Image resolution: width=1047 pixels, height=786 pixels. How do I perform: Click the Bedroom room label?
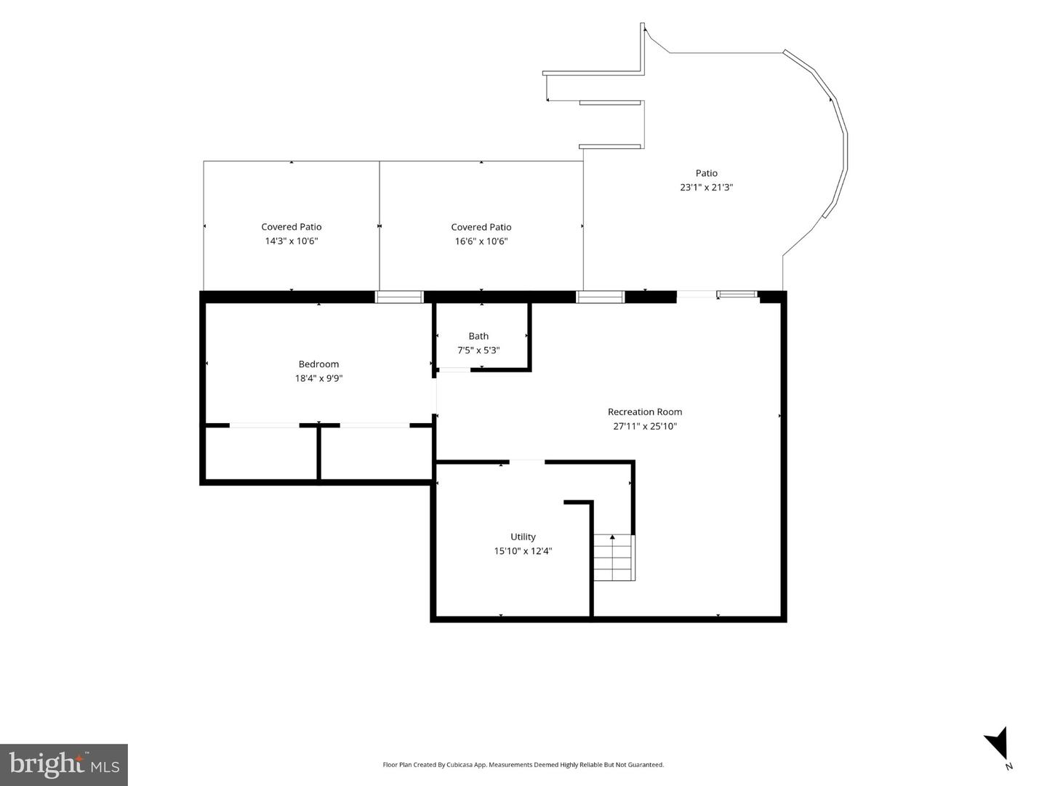point(318,364)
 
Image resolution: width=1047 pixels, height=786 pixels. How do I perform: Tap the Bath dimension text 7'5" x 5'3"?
point(478,350)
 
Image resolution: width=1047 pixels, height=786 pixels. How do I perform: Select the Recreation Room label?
point(645,412)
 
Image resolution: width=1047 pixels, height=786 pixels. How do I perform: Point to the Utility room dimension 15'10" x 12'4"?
point(523,551)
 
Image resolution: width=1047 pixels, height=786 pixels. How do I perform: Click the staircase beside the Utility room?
point(614,558)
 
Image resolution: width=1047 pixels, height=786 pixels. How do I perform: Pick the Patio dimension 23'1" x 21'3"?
point(707,187)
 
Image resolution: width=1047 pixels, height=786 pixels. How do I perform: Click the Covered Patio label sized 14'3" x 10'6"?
point(292,227)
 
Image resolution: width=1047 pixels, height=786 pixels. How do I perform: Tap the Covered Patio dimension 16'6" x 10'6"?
point(481,241)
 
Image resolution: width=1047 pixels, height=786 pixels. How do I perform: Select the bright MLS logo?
point(64,764)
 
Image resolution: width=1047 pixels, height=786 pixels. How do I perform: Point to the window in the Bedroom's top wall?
point(399,297)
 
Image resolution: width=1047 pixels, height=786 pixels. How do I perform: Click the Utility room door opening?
point(527,462)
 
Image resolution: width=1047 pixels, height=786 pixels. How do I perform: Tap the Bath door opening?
point(454,369)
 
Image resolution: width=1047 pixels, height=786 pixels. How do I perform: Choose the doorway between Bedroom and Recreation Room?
point(434,396)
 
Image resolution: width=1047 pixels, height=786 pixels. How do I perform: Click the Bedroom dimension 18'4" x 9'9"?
point(318,378)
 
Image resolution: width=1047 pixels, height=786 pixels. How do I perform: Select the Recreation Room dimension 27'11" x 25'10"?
point(645,426)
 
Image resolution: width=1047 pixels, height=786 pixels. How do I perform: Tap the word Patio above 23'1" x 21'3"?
point(707,173)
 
